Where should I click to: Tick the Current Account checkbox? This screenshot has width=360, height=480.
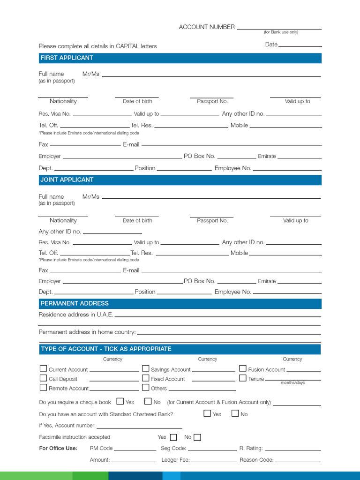click(x=43, y=369)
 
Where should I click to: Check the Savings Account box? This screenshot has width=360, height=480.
click(x=146, y=369)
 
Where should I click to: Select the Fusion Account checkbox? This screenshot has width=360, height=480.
click(x=243, y=369)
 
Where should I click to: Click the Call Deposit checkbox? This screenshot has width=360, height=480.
click(x=43, y=378)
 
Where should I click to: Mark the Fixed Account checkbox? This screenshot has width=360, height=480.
click(x=146, y=378)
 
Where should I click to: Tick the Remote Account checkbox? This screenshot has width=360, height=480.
click(x=43, y=388)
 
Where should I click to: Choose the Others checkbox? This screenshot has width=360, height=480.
click(x=146, y=388)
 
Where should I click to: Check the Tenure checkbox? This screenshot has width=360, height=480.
click(x=243, y=378)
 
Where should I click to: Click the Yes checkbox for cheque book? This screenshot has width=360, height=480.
click(x=120, y=401)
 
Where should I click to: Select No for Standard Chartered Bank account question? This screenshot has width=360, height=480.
click(x=235, y=413)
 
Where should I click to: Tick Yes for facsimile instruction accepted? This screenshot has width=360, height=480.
click(x=173, y=437)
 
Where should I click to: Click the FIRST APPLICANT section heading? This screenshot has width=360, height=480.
click(x=67, y=58)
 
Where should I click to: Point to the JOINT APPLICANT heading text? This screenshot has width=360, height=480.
click(x=67, y=180)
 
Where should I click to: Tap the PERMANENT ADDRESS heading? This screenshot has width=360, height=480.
click(x=75, y=303)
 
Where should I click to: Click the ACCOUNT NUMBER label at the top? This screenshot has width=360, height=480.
click(x=207, y=27)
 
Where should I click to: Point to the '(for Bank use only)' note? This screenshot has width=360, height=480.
click(x=281, y=32)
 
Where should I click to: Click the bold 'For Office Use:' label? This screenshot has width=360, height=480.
click(x=58, y=448)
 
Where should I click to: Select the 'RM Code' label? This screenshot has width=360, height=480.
click(x=101, y=449)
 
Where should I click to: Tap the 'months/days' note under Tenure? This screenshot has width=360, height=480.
click(x=292, y=383)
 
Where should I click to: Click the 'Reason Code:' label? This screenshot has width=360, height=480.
click(x=256, y=460)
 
